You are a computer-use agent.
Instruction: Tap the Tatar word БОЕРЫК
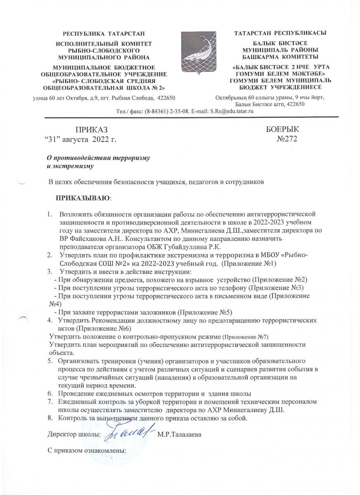tap(282, 130)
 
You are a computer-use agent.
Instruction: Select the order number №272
tap(287, 139)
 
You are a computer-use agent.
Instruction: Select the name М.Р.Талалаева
tap(179, 435)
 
